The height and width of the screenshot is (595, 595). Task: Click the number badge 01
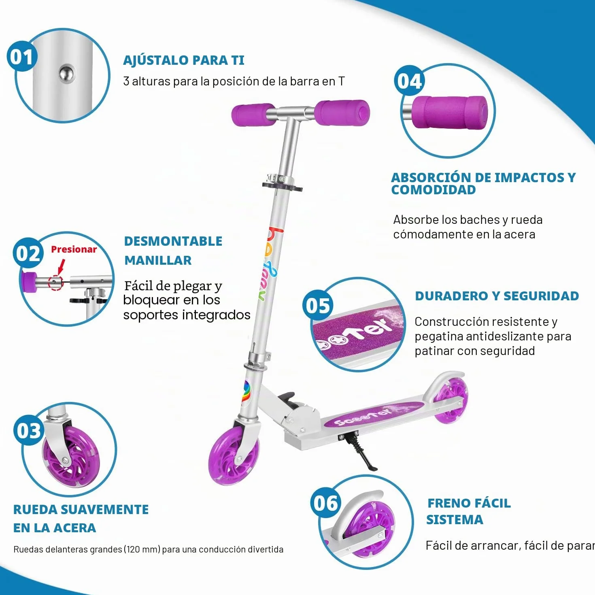22,57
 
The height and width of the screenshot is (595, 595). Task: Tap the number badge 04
410,81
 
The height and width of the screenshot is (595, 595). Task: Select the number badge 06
326,503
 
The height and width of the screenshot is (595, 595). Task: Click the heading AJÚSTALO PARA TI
184,60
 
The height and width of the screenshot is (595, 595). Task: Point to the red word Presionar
74,249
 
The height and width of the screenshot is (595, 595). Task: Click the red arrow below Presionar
61,266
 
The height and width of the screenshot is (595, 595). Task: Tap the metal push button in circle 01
67,74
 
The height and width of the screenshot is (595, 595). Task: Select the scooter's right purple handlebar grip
342,113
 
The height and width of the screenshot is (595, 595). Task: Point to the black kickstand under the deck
361,453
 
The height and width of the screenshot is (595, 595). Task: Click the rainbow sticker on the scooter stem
246,393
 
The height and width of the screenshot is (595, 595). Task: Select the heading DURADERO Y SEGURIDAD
497,296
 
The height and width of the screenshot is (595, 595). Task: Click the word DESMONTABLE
173,241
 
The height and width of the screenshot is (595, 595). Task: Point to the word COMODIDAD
433,190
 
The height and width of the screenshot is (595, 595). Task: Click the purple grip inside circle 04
450,113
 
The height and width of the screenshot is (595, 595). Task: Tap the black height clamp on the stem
282,187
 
